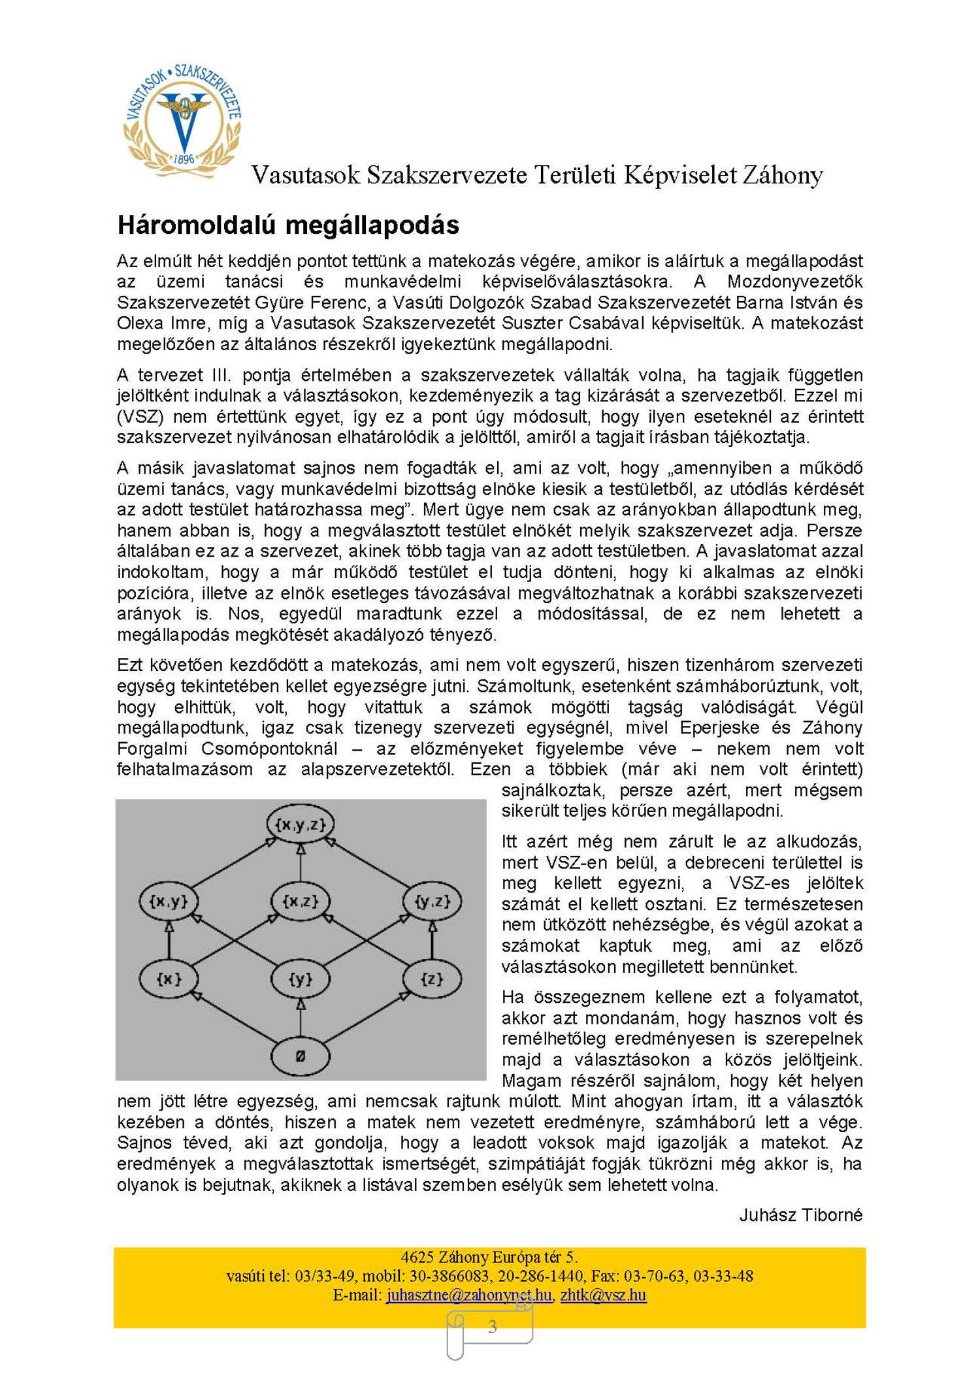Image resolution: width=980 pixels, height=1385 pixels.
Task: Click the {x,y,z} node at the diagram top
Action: click(x=301, y=824)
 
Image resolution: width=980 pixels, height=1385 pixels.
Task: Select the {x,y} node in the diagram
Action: click(x=169, y=902)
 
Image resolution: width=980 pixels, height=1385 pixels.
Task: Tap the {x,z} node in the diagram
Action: click(x=301, y=902)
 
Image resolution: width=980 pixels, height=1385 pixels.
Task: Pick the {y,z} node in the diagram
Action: click(x=433, y=902)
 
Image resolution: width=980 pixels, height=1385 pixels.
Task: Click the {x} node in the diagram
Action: click(x=169, y=979)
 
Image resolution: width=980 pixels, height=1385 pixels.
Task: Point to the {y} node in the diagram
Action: click(x=301, y=979)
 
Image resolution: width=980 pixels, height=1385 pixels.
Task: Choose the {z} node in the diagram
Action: click(x=433, y=979)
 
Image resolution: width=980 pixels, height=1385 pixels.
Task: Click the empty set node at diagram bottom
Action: click(x=301, y=1056)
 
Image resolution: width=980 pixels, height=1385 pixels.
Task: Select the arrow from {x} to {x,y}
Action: click(x=169, y=940)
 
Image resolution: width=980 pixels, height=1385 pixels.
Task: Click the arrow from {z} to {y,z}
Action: click(x=433, y=940)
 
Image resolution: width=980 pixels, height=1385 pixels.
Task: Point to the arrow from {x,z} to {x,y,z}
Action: click(x=301, y=862)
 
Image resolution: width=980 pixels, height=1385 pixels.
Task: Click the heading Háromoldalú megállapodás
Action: click(x=288, y=225)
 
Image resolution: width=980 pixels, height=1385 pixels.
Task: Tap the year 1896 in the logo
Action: click(x=184, y=159)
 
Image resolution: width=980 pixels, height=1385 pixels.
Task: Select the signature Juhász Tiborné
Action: click(x=801, y=1215)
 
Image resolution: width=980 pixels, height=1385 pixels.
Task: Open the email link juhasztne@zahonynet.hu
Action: click(x=468, y=1295)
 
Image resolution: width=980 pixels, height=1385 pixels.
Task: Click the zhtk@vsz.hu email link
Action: click(x=603, y=1295)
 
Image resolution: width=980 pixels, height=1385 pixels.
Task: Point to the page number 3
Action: click(x=493, y=1327)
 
